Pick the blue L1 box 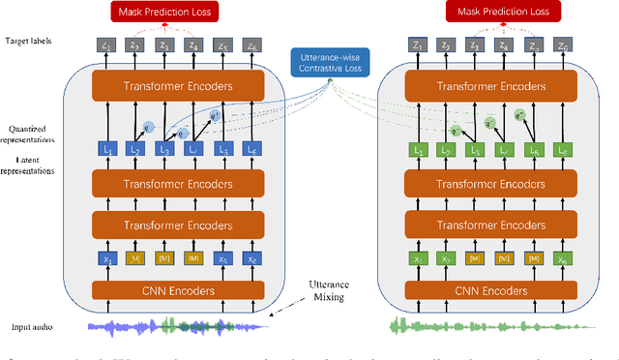(107, 149)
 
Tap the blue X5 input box (224, 259)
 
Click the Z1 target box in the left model (107, 45)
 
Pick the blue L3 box (165, 149)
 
